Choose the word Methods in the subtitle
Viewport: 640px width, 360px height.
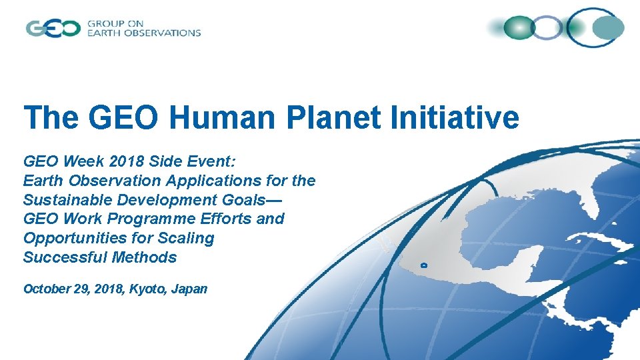pos(145,257)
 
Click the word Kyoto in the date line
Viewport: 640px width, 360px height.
pos(150,289)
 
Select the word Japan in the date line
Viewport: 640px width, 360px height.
pos(189,289)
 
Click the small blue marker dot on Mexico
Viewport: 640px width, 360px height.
pos(425,265)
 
